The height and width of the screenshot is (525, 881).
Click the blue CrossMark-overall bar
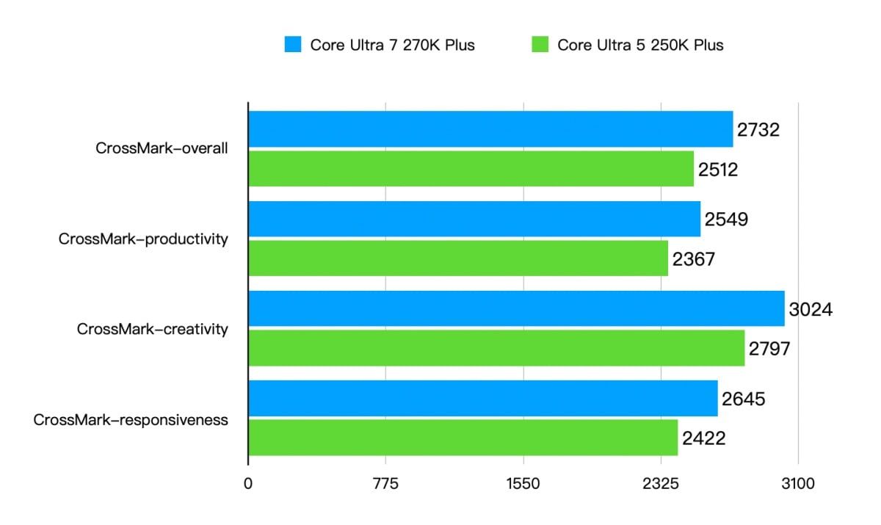(x=490, y=129)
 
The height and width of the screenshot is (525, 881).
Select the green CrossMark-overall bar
(x=471, y=169)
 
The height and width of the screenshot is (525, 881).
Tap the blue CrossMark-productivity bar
(x=474, y=219)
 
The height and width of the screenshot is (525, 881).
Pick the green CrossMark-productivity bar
(x=458, y=258)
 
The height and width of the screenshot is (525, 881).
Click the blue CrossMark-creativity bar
(x=516, y=308)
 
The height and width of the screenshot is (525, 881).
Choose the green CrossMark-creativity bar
(x=496, y=348)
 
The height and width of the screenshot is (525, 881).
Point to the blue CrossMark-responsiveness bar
(x=483, y=399)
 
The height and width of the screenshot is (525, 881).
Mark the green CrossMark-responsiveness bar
(x=463, y=438)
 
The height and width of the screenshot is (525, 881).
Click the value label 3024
(x=811, y=309)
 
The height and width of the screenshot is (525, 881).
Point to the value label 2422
(x=703, y=439)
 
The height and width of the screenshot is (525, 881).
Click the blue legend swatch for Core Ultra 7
(x=293, y=45)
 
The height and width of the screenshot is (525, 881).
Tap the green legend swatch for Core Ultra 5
(x=540, y=45)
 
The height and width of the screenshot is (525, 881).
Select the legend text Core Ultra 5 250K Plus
(x=640, y=45)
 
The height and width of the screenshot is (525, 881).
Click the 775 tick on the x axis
(x=385, y=484)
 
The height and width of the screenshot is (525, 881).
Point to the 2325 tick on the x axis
(x=661, y=484)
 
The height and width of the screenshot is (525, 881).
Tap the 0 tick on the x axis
(x=248, y=484)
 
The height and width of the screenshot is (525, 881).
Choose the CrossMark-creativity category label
(x=152, y=329)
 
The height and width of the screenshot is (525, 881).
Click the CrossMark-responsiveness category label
(x=131, y=420)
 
